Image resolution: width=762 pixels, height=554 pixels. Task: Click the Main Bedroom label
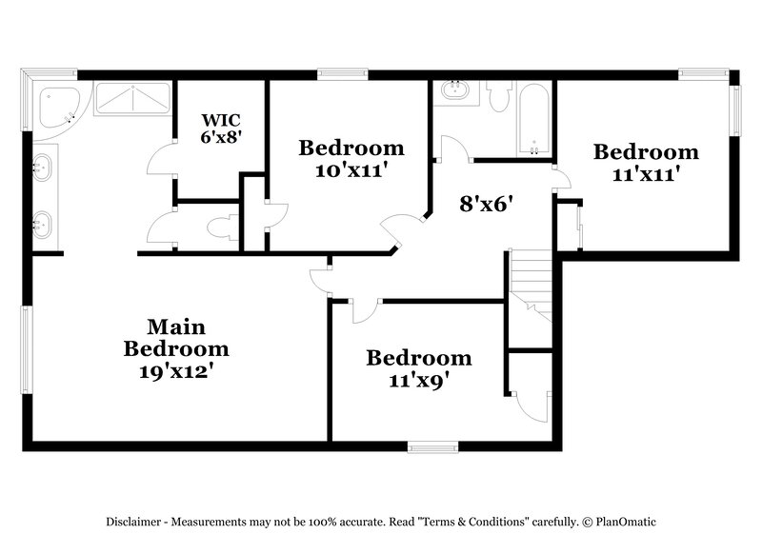click(176, 338)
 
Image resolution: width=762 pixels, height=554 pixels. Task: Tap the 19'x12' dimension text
click(176, 371)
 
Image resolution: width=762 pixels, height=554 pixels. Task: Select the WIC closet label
click(220, 120)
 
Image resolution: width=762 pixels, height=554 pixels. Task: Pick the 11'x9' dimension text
click(418, 380)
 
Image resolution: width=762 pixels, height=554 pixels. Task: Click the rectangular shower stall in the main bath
click(132, 99)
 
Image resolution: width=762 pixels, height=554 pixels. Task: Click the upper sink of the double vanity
click(44, 169)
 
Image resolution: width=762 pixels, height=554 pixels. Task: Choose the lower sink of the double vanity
click(44, 226)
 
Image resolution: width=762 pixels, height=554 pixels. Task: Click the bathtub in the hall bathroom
click(534, 119)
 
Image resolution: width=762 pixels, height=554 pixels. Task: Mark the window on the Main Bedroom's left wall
click(28, 347)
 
